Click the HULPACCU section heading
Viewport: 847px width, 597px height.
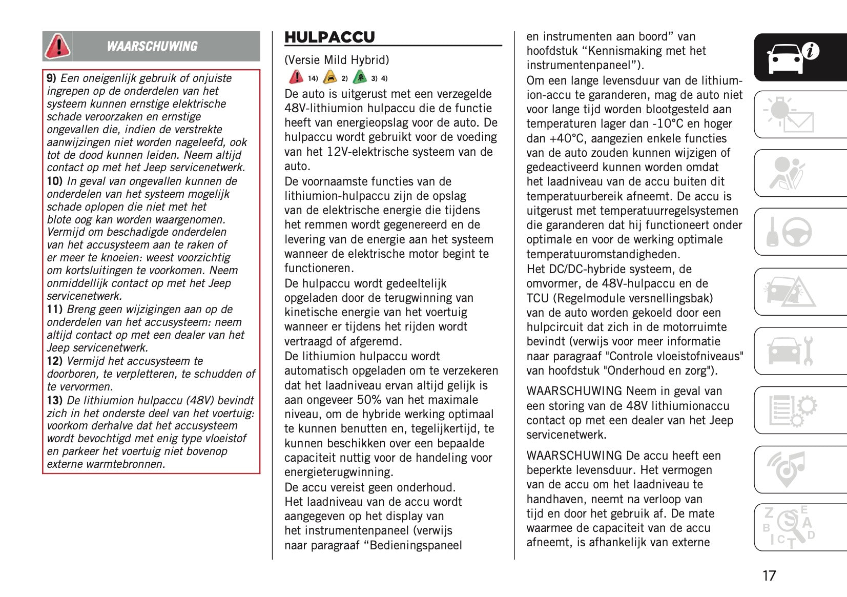pyautogui.click(x=329, y=37)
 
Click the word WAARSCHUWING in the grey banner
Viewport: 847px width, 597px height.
pyautogui.click(x=152, y=47)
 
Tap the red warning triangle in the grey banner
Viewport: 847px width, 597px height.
pyautogui.click(x=57, y=46)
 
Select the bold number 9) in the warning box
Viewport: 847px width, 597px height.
pyautogui.click(x=51, y=78)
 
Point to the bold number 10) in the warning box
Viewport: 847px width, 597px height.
pyautogui.click(x=54, y=181)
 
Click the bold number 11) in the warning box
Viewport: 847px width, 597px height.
pyautogui.click(x=54, y=310)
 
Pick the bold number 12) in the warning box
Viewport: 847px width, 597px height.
pyautogui.click(x=54, y=361)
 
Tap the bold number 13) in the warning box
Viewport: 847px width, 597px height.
pyautogui.click(x=54, y=401)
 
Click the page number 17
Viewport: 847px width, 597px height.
pyautogui.click(x=769, y=576)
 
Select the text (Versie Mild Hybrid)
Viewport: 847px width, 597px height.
pyautogui.click(x=337, y=60)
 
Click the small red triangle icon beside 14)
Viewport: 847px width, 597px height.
pyautogui.click(x=296, y=77)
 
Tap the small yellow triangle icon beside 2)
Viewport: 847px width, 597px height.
pyautogui.click(x=330, y=77)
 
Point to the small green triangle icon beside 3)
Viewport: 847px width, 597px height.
pyautogui.click(x=360, y=77)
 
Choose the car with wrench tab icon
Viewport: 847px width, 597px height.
pyautogui.click(x=790, y=351)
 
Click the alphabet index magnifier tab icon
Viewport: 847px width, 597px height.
pyautogui.click(x=788, y=527)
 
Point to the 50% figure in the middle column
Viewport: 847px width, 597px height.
pyautogui.click(x=368, y=400)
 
